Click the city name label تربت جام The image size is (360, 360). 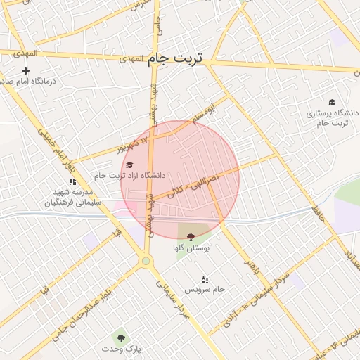pyautogui.click(x=175, y=59)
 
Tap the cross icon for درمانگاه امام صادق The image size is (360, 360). pyautogui.click(x=26, y=70)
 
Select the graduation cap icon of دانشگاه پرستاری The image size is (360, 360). pyautogui.click(x=332, y=102)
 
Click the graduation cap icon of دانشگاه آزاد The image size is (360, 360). pyautogui.click(x=129, y=165)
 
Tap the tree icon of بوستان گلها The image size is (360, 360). pyautogui.click(x=191, y=237)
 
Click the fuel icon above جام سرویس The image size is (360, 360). pyautogui.click(x=205, y=279)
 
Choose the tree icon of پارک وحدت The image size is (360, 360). pyautogui.click(x=122, y=337)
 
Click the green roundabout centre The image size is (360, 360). pyautogui.click(x=146, y=261)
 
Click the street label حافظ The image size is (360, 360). pyautogui.click(x=318, y=207)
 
